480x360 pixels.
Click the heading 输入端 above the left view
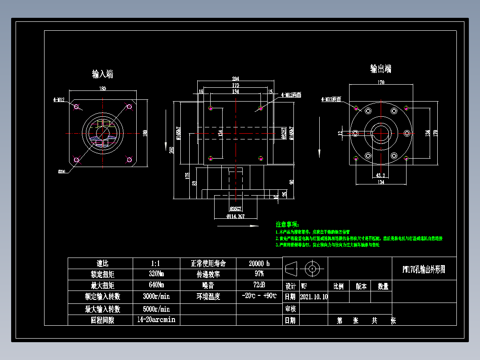pyautogui.click(x=102, y=74)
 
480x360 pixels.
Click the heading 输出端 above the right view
pyautogui.click(x=381, y=69)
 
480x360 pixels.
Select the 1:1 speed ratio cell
pyautogui.click(x=156, y=263)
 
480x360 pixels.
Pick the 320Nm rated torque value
pyautogui.click(x=156, y=274)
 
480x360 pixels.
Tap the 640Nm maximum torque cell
pyautogui.click(x=156, y=285)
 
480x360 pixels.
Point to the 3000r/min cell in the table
pyautogui.click(x=156, y=296)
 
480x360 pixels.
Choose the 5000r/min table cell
pyautogui.click(x=156, y=309)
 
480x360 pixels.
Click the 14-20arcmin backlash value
pyautogui.click(x=156, y=320)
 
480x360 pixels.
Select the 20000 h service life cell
pyautogui.click(x=259, y=263)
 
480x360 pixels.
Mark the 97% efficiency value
pyautogui.click(x=259, y=274)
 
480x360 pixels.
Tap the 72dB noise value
pyautogui.click(x=259, y=285)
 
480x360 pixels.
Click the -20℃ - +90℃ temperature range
pyautogui.click(x=259, y=296)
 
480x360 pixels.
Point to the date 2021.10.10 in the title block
pyautogui.click(x=314, y=297)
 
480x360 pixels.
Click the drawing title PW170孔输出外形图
pyautogui.click(x=423, y=269)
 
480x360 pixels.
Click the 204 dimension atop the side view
pyautogui.click(x=236, y=79)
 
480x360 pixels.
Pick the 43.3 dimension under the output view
pyautogui.click(x=381, y=176)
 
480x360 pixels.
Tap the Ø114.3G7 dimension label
pyautogui.click(x=236, y=217)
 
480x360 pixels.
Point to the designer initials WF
pyautogui.click(x=304, y=286)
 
